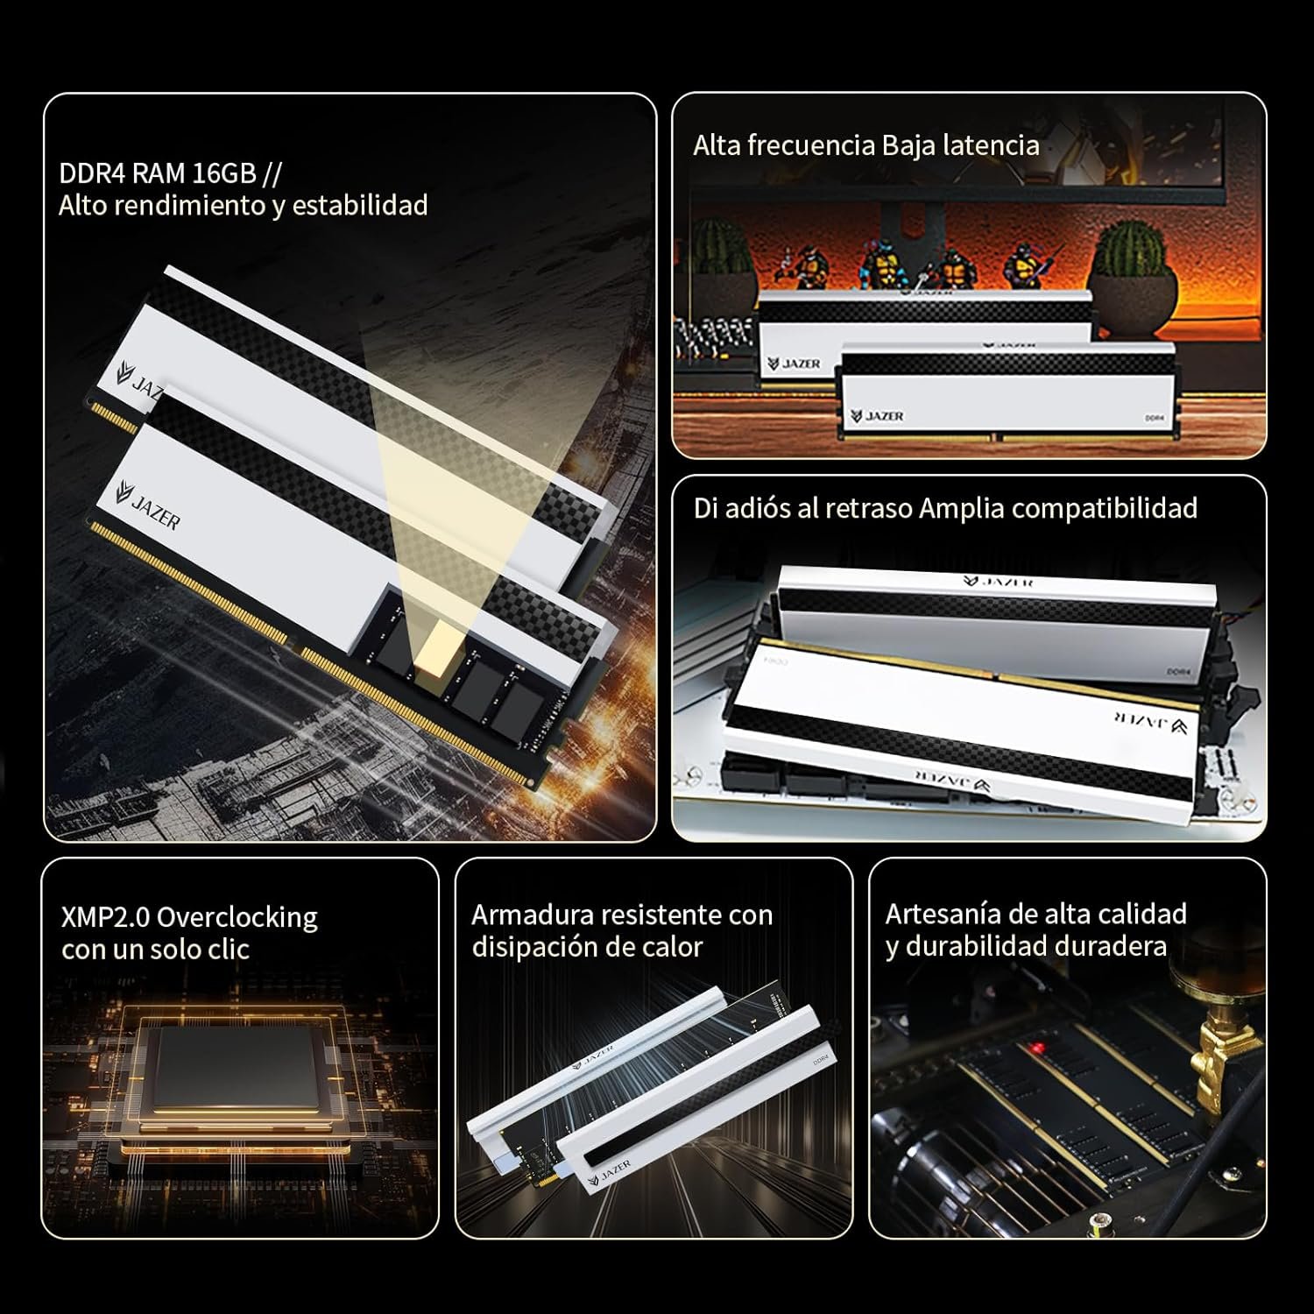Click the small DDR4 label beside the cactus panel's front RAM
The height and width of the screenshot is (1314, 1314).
[1155, 418]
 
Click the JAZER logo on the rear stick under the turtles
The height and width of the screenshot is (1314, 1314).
[795, 363]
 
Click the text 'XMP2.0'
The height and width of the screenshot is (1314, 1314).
[105, 917]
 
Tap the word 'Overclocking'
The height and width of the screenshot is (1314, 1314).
[237, 917]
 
